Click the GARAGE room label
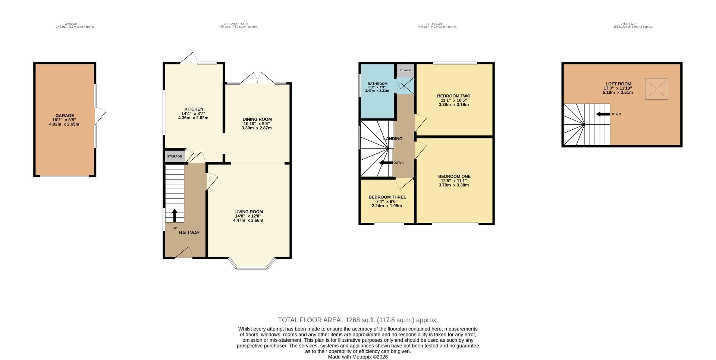click(x=65, y=116)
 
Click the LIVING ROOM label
click(x=248, y=212)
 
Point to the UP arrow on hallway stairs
click(x=174, y=215)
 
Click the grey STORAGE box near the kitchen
click(x=175, y=156)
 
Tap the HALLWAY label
click(x=189, y=233)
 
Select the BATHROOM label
click(x=377, y=84)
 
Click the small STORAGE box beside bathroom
click(x=405, y=71)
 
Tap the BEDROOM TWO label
click(x=453, y=96)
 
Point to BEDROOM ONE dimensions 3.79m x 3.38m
click(x=453, y=185)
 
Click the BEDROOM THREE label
click(x=387, y=197)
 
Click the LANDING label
click(x=393, y=139)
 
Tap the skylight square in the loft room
click(x=657, y=89)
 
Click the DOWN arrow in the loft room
click(x=603, y=114)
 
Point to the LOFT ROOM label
click(x=618, y=84)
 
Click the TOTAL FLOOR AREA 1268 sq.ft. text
click(x=358, y=320)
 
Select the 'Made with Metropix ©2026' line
click(x=358, y=357)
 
